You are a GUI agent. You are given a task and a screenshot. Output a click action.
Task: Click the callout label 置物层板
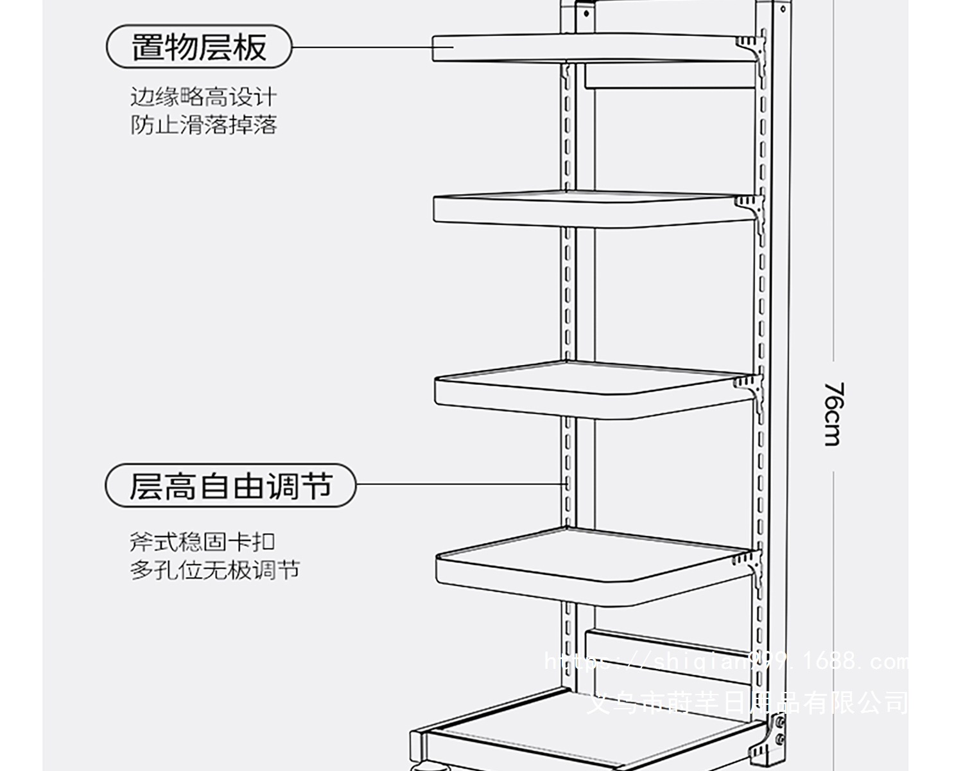(x=199, y=47)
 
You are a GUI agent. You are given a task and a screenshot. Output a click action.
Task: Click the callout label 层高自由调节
(x=230, y=485)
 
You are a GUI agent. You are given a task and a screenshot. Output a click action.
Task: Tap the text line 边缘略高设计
(x=204, y=97)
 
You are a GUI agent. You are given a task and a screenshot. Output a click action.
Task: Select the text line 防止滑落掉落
(x=204, y=124)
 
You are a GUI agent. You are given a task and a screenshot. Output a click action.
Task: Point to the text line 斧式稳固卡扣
(x=202, y=542)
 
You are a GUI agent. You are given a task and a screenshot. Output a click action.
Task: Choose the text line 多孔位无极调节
(x=214, y=570)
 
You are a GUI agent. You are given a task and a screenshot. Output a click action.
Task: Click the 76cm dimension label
(x=833, y=414)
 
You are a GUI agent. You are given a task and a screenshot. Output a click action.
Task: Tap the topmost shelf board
(x=578, y=49)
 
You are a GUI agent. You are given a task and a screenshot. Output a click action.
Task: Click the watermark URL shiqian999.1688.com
(x=725, y=661)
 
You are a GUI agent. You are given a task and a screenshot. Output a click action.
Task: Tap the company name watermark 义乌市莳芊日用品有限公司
(x=748, y=702)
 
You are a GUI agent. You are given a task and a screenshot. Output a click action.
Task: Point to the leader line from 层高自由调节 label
(x=459, y=484)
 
